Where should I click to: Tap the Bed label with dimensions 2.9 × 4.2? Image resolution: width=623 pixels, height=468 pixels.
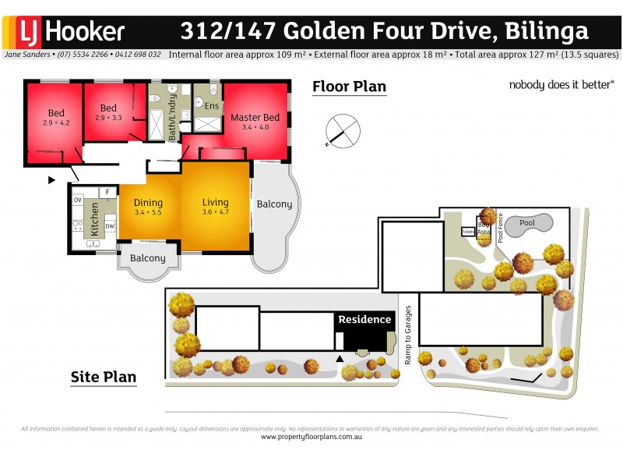pos(56,118)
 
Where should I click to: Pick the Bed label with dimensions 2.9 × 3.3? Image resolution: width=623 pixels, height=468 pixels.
pos(108,112)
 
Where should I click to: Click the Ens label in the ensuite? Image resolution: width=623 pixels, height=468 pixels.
pos(212,105)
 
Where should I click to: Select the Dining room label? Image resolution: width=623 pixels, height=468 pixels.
pos(148,207)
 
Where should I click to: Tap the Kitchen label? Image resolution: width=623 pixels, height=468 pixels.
pos(95,219)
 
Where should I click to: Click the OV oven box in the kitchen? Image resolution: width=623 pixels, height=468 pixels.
pos(77,200)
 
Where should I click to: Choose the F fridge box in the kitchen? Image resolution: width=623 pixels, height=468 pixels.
pos(107,191)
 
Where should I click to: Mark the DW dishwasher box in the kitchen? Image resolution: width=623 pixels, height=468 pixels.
pos(109,226)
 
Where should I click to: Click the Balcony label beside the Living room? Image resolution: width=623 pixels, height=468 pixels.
pos(274,204)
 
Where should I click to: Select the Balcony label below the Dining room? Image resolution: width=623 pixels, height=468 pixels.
pos(148,258)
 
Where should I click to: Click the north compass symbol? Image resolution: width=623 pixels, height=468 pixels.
pos(342,130)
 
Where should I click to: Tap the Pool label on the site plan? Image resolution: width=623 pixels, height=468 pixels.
pos(528,223)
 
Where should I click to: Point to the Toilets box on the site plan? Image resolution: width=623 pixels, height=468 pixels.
pos(468,232)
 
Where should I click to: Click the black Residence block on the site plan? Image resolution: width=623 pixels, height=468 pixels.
pos(364,331)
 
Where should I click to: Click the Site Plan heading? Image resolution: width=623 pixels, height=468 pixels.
pos(104,378)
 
